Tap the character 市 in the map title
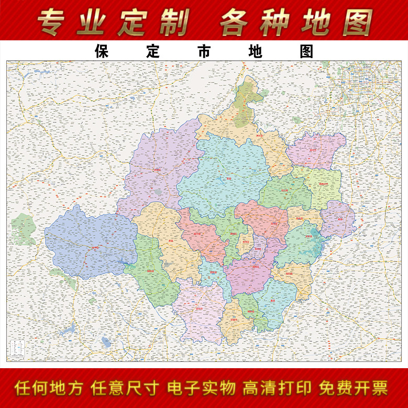[x=204, y=51]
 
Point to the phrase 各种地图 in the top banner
[x=296, y=22]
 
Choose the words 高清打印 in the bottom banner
[x=277, y=389]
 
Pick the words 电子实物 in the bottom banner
[x=201, y=389]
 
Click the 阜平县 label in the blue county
[x=95, y=247]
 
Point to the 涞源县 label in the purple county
[x=157, y=169]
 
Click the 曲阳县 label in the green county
[x=151, y=271]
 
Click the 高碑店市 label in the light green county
[x=324, y=184]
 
